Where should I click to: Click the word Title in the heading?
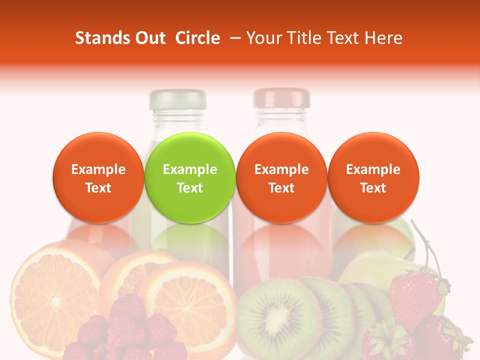click(306, 38)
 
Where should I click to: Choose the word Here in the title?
click(383, 38)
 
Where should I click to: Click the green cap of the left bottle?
click(178, 99)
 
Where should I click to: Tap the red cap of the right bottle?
click(281, 98)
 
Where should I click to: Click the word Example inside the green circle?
click(190, 169)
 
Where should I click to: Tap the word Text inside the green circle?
click(190, 188)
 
